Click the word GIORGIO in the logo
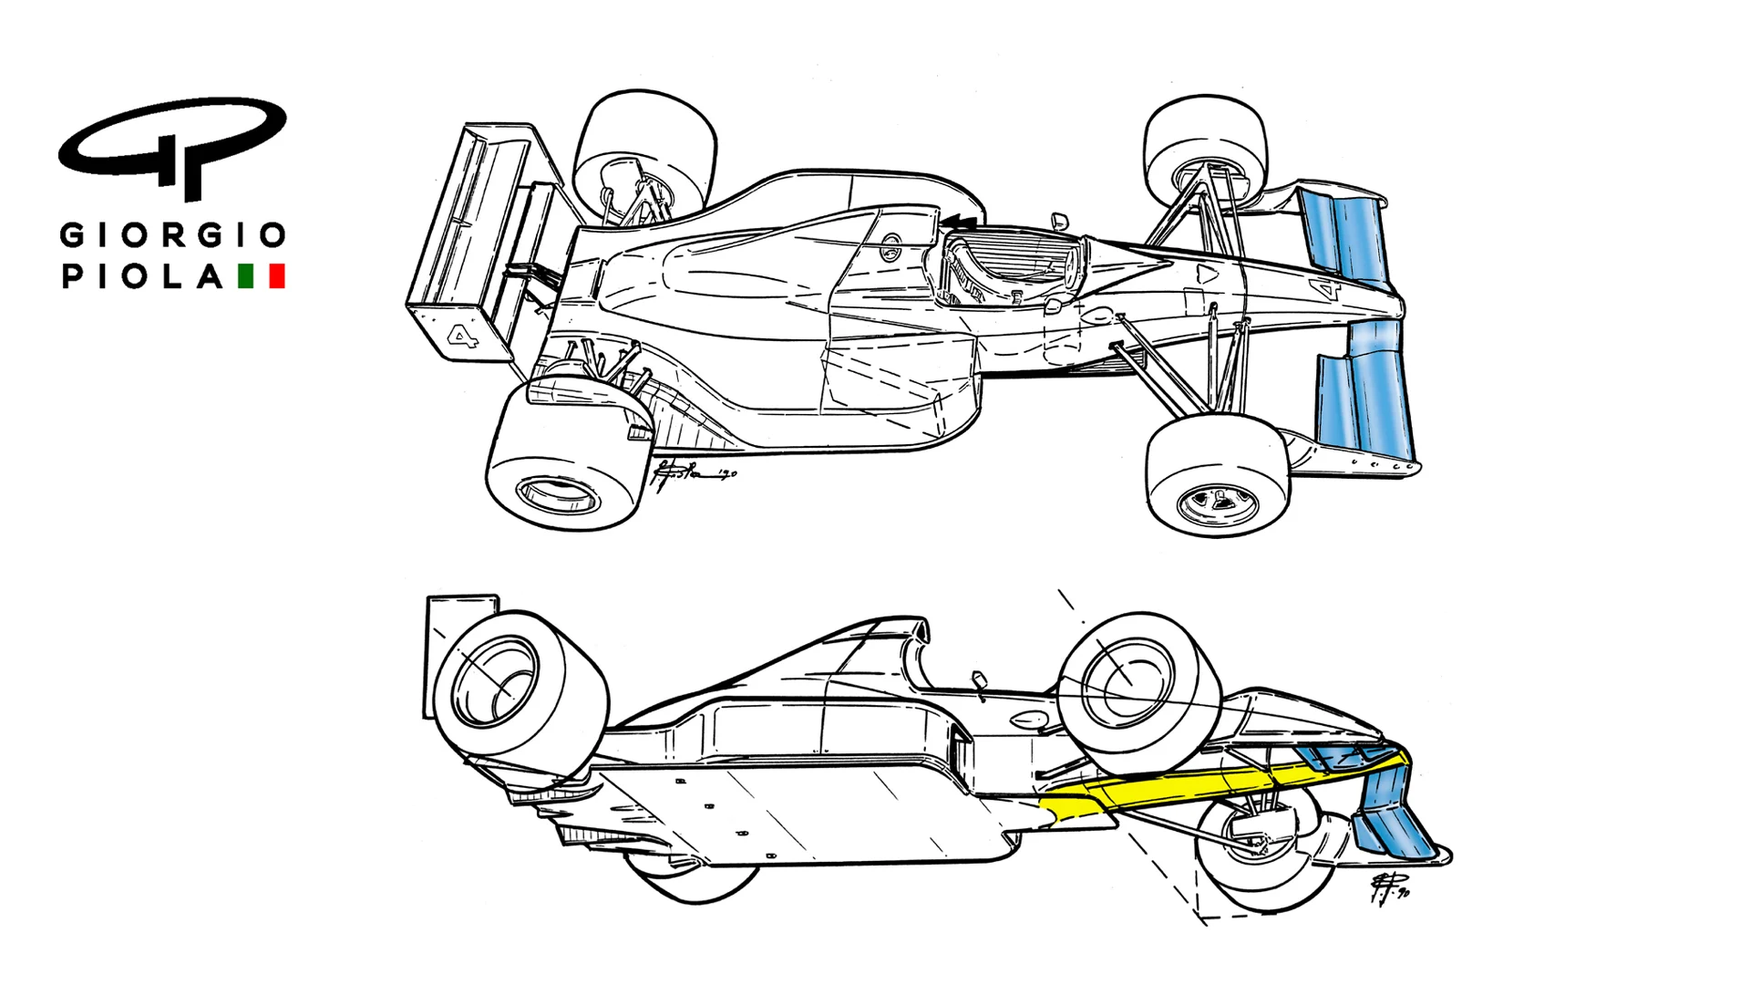[173, 235]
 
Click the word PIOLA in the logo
[142, 276]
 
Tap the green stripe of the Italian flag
[245, 276]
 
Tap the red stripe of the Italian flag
[278, 276]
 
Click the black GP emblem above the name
[173, 146]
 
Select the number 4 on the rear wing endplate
[463, 337]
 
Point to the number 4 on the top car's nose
[1325, 290]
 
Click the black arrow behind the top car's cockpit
[962, 221]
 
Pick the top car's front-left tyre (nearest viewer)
[1217, 474]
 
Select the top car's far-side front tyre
[1203, 150]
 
